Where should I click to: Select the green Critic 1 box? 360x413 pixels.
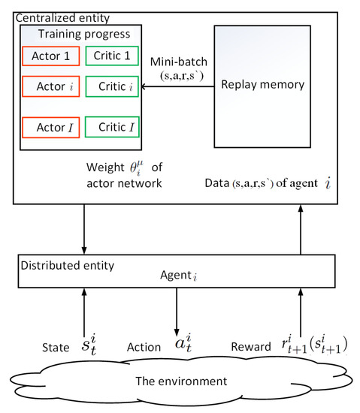tap(113, 56)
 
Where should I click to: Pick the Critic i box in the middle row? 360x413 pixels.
tap(113, 86)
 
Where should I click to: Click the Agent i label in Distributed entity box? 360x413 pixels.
tap(183, 275)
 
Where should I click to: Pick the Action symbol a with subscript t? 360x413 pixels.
tap(177, 346)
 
